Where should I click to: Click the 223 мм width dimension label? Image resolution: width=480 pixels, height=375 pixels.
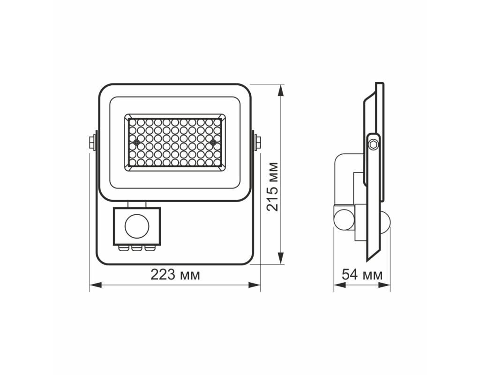click(x=175, y=275)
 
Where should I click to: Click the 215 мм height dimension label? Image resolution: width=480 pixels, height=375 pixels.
click(x=273, y=187)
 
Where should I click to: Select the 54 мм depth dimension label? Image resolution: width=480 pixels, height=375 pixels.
click(x=362, y=274)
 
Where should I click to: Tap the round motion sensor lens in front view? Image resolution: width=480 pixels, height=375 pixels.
click(x=137, y=226)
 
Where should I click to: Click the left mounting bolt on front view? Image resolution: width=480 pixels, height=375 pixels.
click(x=92, y=143)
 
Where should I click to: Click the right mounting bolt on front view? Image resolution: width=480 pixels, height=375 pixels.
click(x=257, y=143)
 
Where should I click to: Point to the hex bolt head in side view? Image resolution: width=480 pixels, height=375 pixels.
click(x=373, y=144)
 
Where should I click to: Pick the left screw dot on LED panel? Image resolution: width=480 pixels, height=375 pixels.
click(x=136, y=142)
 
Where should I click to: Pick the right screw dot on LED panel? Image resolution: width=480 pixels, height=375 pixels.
click(x=213, y=142)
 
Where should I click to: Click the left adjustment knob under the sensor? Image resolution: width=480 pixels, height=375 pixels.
click(x=123, y=247)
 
